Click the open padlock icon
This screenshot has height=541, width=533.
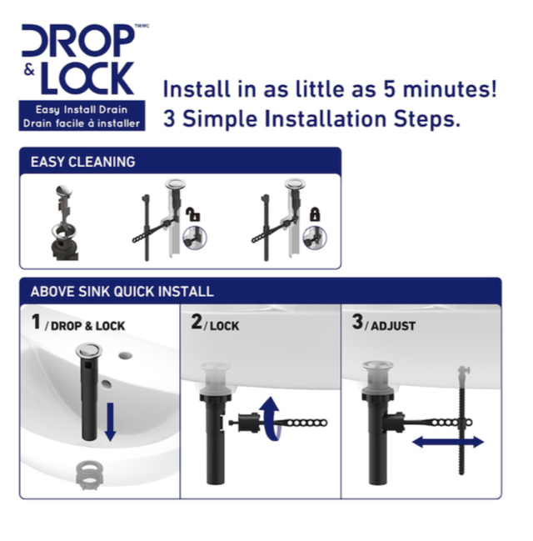click(193, 214)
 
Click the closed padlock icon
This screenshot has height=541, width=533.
click(315, 214)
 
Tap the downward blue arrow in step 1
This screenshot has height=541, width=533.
click(110, 422)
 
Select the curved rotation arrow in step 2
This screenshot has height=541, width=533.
click(271, 418)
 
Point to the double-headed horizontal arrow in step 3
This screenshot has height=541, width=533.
click(448, 442)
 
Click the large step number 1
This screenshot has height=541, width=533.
click(36, 322)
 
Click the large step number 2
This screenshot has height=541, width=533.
click(197, 322)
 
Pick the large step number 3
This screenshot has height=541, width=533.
click(357, 322)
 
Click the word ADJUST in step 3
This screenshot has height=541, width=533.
click(393, 326)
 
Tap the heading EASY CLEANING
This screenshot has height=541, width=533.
click(82, 162)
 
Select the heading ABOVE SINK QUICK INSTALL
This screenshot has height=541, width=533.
click(122, 292)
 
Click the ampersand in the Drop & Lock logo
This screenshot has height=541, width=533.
click(30, 70)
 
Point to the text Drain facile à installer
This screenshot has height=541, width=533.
click(82, 123)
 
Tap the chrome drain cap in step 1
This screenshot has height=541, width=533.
click(88, 349)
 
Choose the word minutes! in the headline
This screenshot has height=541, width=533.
click(450, 88)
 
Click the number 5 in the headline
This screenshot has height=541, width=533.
click(389, 89)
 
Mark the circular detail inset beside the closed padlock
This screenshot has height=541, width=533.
click(315, 238)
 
